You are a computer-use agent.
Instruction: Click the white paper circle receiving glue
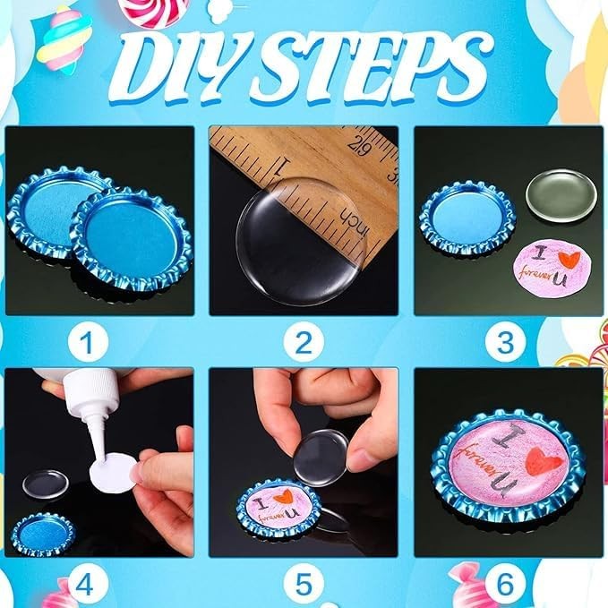pos(115,473)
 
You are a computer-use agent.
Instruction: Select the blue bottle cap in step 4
pos(41,533)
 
